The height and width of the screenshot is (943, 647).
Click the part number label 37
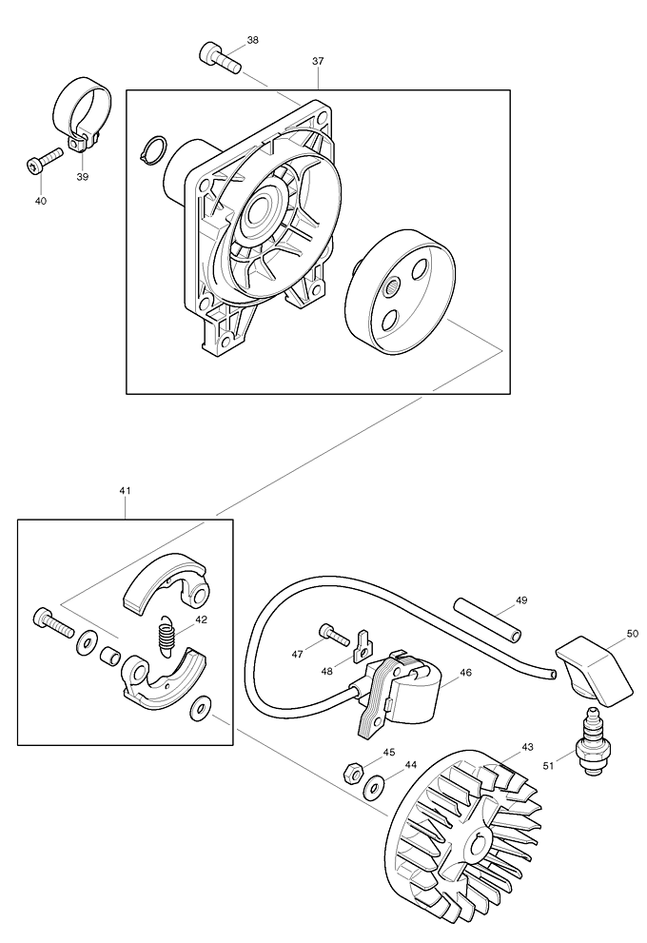pos(318,61)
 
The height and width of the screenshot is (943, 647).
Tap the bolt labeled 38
pos(217,56)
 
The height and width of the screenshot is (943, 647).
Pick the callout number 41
pos(125,490)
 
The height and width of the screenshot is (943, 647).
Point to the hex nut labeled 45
pos(351,769)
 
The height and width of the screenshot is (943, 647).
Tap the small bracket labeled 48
pos(361,646)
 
